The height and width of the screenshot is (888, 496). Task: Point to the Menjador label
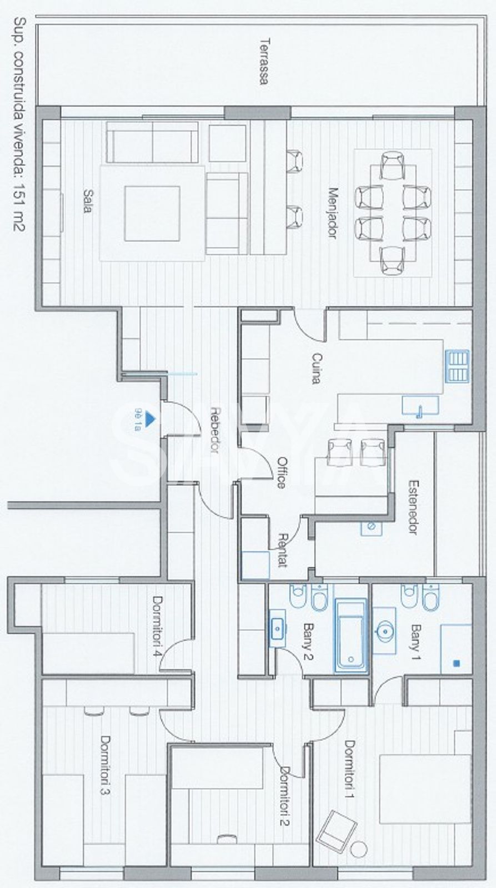[x=333, y=213]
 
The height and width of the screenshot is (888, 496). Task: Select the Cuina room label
[x=316, y=369]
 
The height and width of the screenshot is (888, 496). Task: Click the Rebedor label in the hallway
[x=214, y=430]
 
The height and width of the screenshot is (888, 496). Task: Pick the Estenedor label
[x=413, y=507]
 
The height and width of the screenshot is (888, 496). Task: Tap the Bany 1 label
[x=415, y=642]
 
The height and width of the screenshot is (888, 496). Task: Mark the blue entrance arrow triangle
[x=149, y=419]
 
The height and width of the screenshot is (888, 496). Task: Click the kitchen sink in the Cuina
[x=420, y=405]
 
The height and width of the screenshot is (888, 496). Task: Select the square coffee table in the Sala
[x=152, y=214]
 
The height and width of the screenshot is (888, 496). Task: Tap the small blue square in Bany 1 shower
[x=457, y=663]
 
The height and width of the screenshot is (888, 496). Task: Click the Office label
[x=282, y=472]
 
